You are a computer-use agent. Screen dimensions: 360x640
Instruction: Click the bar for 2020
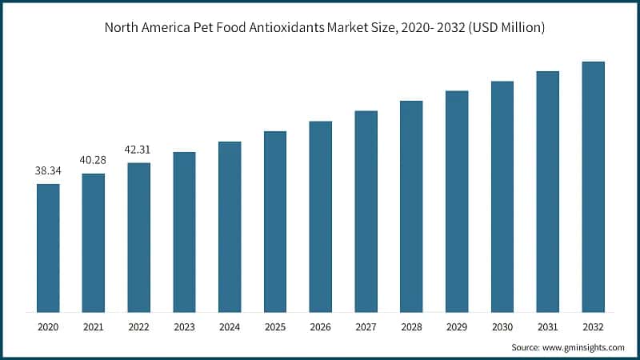coord(48,248)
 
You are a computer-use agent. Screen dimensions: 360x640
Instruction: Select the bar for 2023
coord(184,232)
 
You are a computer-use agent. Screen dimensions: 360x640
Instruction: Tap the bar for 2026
coord(320,217)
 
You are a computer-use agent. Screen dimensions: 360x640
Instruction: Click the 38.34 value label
coord(47,171)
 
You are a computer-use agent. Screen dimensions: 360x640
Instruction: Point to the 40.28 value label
coord(93,160)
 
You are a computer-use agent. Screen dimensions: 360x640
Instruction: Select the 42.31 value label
coord(138,150)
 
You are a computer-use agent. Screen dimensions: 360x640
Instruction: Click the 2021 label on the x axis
coord(93,326)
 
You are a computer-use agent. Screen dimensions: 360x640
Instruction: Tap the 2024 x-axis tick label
coord(230,326)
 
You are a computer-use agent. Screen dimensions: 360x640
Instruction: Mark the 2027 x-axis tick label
coord(366,326)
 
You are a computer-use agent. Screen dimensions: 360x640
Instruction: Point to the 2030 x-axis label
coord(502,326)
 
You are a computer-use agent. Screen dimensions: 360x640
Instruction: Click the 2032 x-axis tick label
coord(593,326)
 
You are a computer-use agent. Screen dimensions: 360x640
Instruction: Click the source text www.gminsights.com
coord(582,348)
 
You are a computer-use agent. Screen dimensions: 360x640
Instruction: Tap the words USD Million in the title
coord(506,28)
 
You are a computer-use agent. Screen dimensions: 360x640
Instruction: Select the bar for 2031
coord(547,192)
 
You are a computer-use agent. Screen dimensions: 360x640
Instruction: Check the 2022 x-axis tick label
coord(138,326)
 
